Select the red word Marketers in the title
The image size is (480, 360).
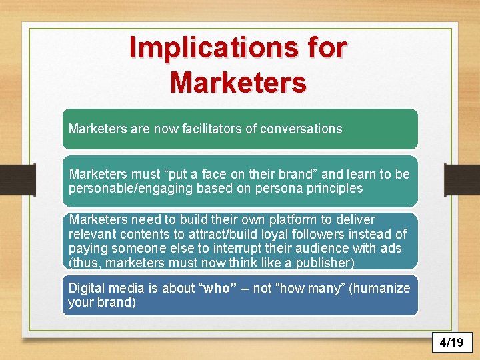coord(238,83)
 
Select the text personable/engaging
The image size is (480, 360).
coord(127,188)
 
